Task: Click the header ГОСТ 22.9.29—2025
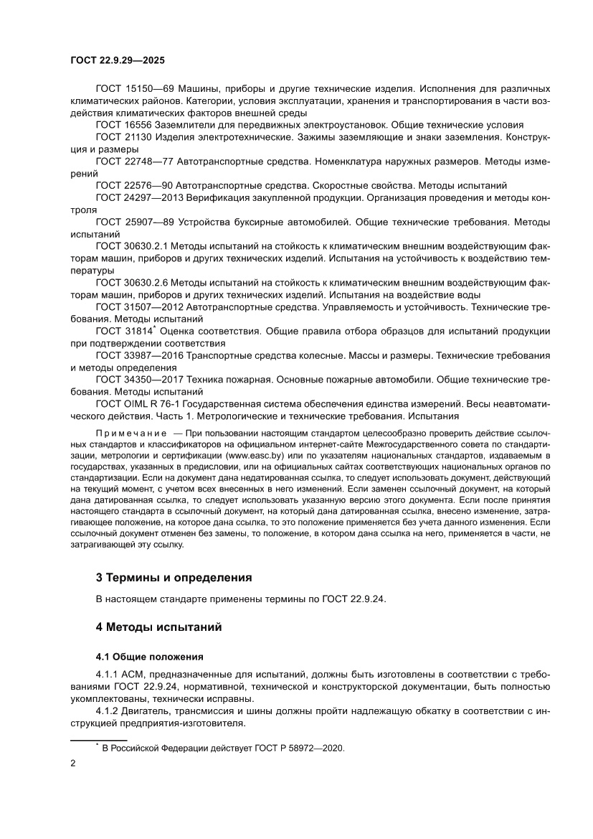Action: click(118, 62)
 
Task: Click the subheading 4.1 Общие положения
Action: click(150, 656)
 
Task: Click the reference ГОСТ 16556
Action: click(120, 125)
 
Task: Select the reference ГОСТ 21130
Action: click(120, 136)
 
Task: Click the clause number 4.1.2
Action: click(108, 711)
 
